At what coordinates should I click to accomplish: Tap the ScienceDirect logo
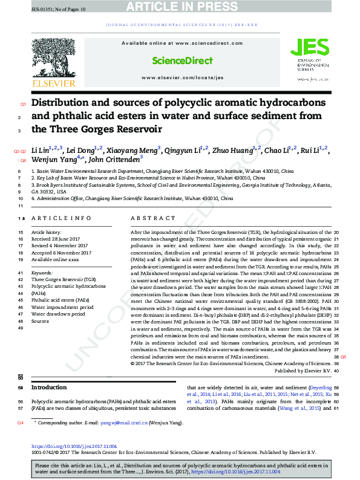(x=182, y=61)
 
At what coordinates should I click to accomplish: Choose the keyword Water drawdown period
(x=59, y=314)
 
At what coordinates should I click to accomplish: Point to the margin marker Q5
(x=343, y=357)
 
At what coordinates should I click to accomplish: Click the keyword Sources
(x=40, y=321)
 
